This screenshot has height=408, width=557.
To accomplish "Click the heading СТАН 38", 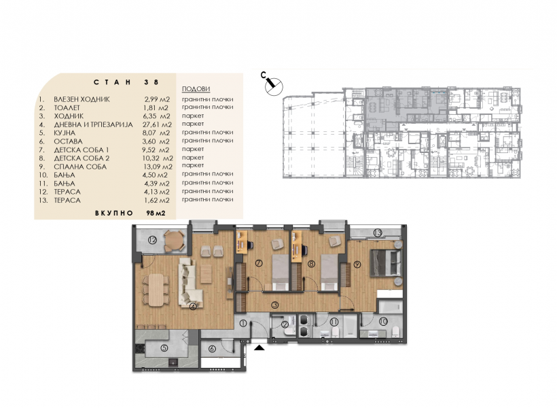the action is coord(126,82).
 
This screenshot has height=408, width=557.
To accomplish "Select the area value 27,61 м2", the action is coord(158,124).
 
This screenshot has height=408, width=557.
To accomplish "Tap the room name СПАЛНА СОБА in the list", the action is coord(80,167).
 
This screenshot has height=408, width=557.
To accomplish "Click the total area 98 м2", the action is coord(156,214).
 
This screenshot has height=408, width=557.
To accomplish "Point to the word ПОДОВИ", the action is coord(196,89).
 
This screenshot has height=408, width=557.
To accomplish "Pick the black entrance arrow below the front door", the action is coord(259,347).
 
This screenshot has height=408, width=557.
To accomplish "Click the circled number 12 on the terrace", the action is coord(152,241).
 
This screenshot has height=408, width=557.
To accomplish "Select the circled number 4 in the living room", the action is coord(193,306).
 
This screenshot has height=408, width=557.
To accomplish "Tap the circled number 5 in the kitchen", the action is coord(164,348).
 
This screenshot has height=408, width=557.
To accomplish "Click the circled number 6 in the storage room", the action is coord(212,349).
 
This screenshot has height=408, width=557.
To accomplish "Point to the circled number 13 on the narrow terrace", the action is coord(378,233).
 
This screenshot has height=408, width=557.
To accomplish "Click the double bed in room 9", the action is coord(386,262).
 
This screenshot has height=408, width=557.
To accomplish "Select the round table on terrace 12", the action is coord(173,241).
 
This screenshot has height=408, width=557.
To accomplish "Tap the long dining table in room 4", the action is coord(156,290).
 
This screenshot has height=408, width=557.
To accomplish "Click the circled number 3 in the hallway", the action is coord(274,305).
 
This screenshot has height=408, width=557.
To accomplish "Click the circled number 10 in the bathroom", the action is coord(382,322).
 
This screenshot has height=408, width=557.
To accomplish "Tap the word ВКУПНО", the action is coord(114,214).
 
